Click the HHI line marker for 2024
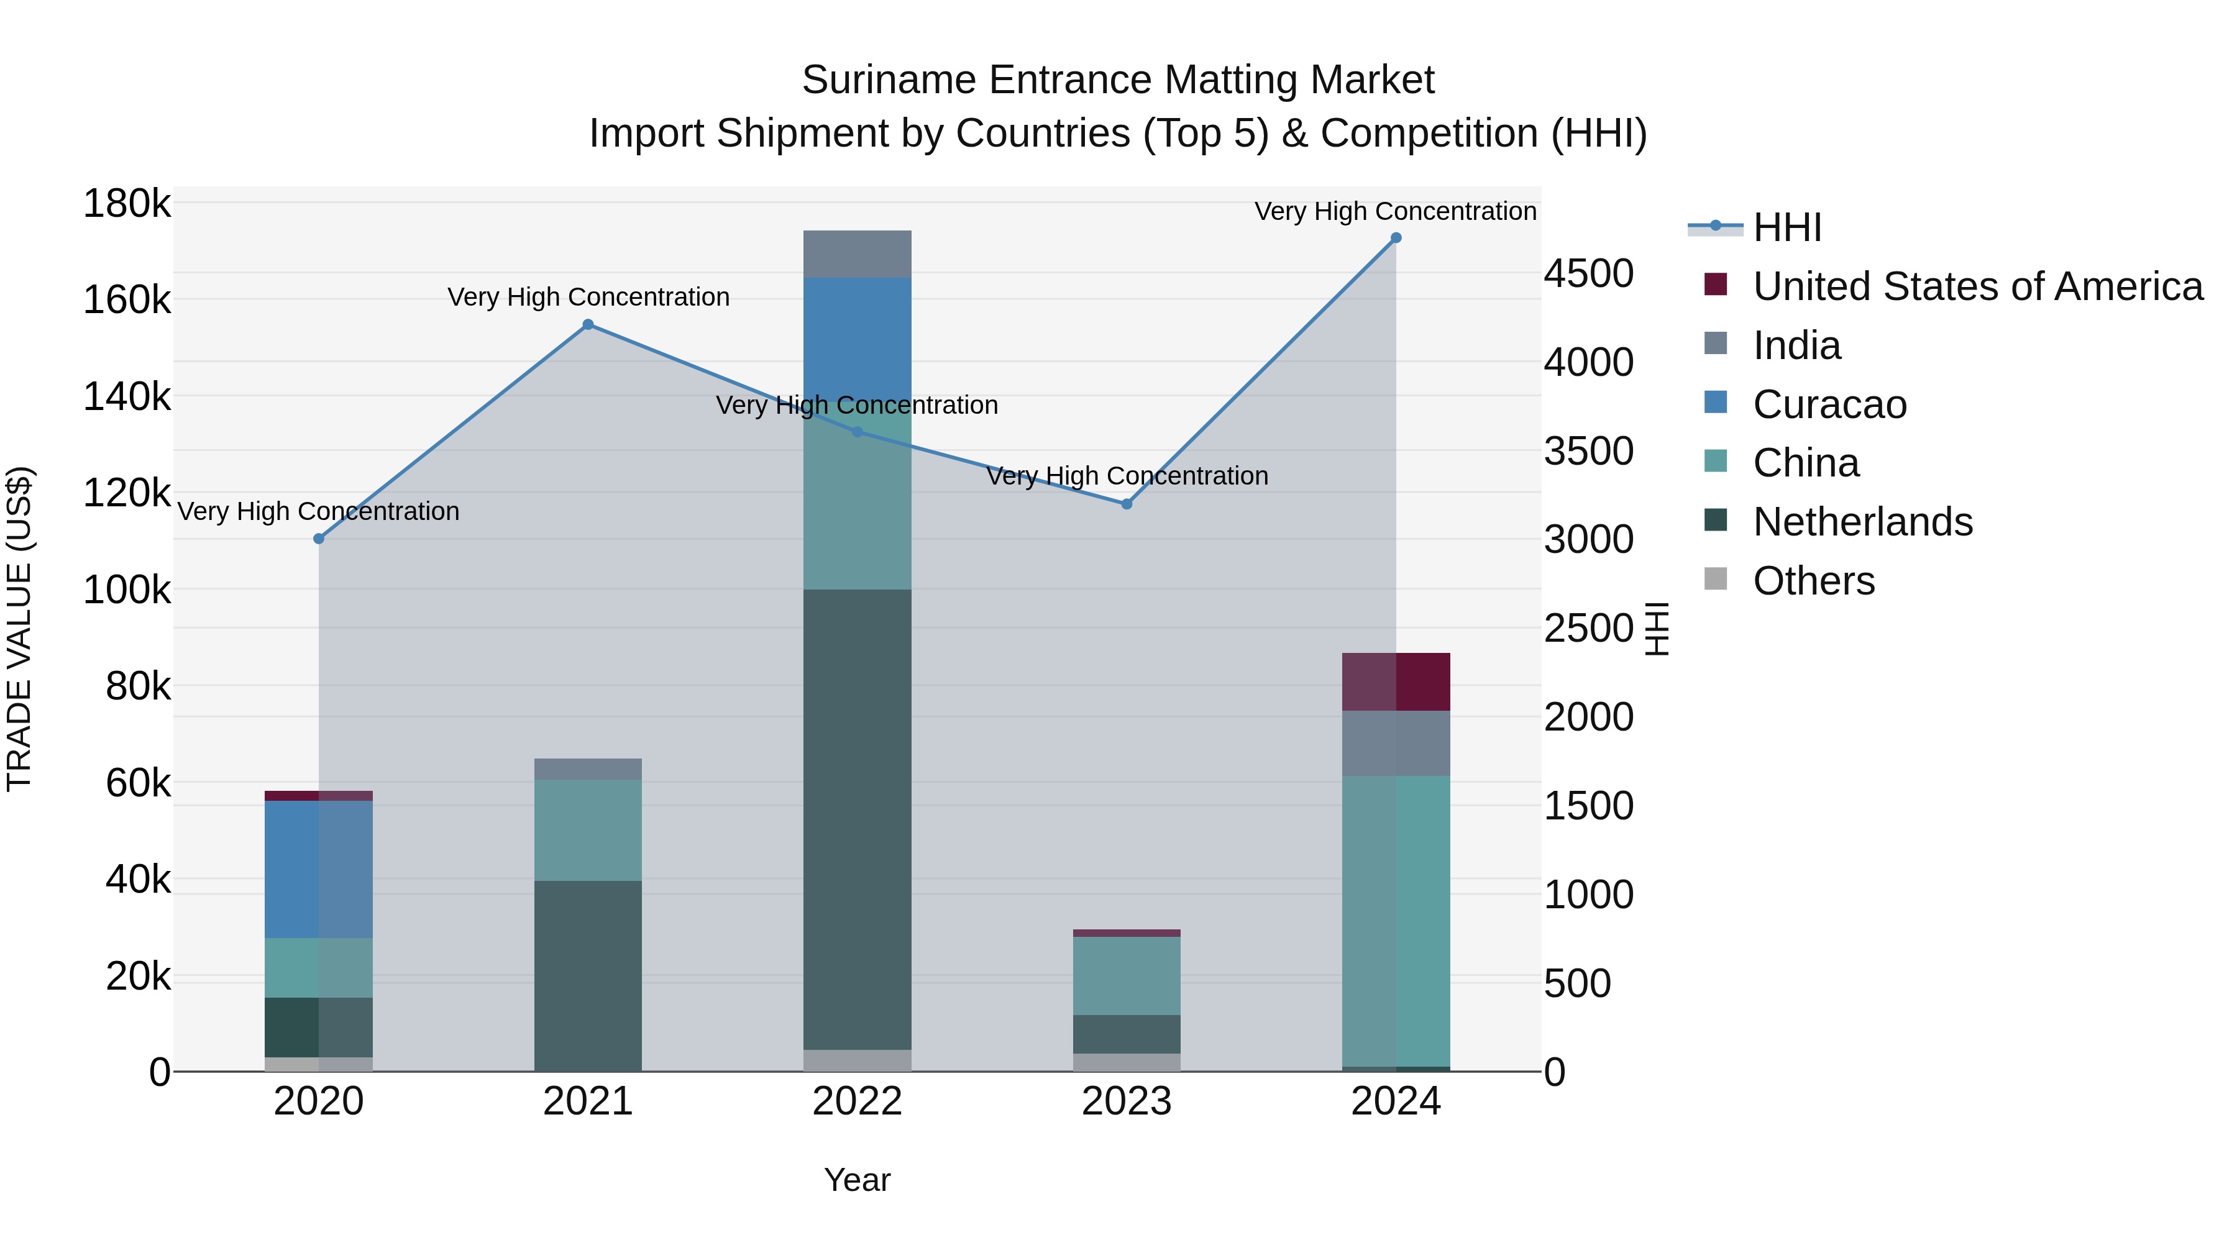click(x=1396, y=238)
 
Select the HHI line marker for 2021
click(x=588, y=325)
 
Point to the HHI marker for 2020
click(x=319, y=539)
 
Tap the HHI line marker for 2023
click(x=1127, y=504)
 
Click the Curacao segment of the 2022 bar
click(x=857, y=339)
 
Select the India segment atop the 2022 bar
click(x=857, y=254)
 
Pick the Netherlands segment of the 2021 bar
click(x=588, y=976)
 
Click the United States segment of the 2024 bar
click(x=1396, y=682)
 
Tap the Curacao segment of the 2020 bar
click(x=319, y=869)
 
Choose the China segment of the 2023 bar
click(x=1127, y=976)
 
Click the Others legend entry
click(x=1813, y=581)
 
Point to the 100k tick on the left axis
click(x=127, y=590)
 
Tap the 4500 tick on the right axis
click(x=1588, y=273)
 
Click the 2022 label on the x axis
click(x=857, y=1101)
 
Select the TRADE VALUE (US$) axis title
click(x=20, y=629)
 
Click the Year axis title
click(x=857, y=1180)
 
